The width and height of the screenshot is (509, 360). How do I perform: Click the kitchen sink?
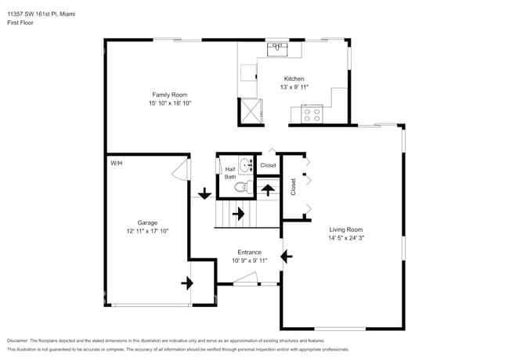276,49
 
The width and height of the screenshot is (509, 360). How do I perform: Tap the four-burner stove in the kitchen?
312,114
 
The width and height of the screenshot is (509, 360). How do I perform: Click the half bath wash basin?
245,165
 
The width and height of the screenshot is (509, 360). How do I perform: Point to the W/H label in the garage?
117,164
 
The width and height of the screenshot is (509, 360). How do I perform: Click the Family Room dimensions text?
170,103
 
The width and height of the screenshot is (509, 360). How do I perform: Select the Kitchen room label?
294,79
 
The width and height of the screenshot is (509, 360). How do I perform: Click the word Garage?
148,222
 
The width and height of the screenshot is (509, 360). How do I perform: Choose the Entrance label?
249,252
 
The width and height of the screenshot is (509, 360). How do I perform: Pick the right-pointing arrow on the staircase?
238,212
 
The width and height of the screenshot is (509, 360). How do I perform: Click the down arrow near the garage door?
204,193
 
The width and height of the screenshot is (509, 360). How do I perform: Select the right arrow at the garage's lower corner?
188,283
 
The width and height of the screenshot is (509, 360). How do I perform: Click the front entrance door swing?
246,279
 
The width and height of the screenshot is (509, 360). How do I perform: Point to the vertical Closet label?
294,187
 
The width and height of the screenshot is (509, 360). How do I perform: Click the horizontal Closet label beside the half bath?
268,165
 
